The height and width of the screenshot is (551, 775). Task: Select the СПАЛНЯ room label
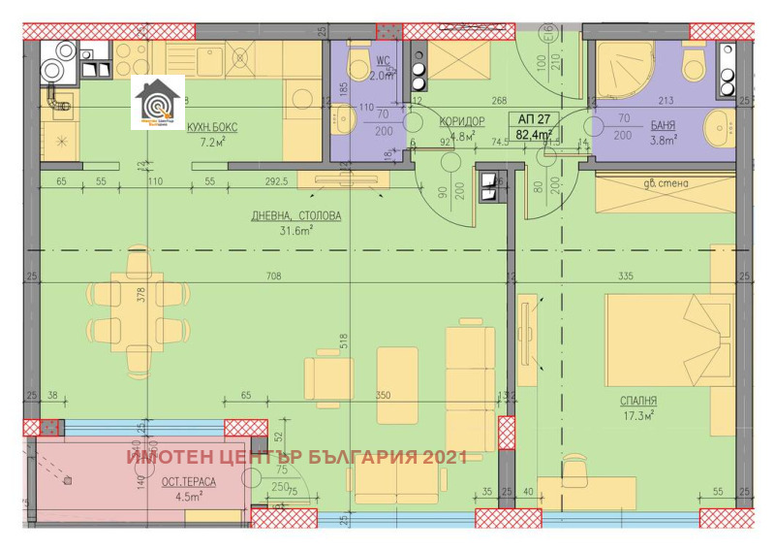click(639, 400)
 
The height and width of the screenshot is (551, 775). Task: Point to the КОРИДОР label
click(461, 121)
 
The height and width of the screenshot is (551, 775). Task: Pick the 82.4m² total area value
click(535, 135)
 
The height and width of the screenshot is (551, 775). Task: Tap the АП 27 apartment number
click(533, 119)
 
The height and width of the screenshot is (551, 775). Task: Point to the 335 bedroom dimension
click(625, 277)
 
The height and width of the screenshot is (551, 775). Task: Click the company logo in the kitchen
click(157, 101)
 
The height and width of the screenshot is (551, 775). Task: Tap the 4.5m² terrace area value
click(188, 497)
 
